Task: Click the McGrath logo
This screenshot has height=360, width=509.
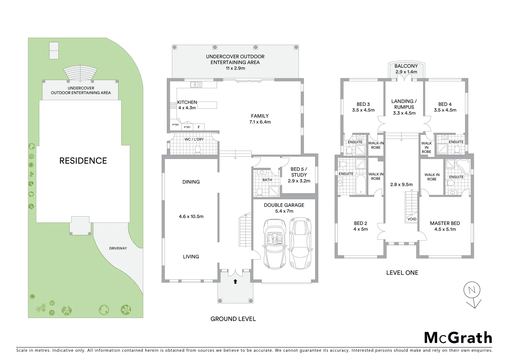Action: click(x=458, y=338)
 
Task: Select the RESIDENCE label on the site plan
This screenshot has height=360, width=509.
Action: click(x=83, y=161)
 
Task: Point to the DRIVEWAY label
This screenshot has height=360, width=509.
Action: click(x=118, y=248)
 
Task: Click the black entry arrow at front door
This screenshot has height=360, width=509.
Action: click(x=235, y=281)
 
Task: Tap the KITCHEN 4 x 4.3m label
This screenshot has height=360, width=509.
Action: click(x=187, y=105)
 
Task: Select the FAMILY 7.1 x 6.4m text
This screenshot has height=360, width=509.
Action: click(x=260, y=119)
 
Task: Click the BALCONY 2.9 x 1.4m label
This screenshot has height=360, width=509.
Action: click(x=406, y=69)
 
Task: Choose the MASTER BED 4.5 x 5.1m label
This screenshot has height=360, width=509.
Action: click(x=445, y=226)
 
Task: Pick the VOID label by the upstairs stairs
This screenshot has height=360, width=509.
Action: click(x=412, y=219)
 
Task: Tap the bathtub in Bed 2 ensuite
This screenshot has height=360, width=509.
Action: click(x=360, y=185)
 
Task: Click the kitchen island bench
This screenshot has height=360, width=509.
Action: click(x=207, y=105)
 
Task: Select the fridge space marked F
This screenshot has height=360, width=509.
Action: click(x=199, y=127)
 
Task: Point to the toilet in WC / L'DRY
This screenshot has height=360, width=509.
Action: click(x=198, y=149)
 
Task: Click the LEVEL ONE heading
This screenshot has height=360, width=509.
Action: click(x=402, y=273)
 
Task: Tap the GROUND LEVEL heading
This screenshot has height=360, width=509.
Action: click(x=233, y=319)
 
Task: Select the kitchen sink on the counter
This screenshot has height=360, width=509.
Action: click(x=196, y=85)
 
